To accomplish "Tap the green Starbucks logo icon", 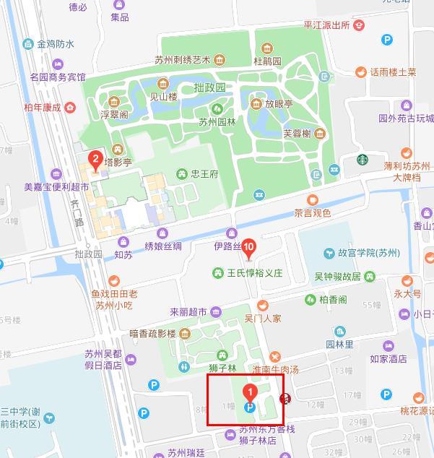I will click(363, 160).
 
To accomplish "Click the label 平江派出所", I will click(326, 25).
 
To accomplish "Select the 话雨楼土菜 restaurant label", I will click(393, 72).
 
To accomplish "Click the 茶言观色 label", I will click(312, 213).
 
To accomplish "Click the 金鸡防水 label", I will click(56, 44).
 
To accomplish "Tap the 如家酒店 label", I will click(388, 358).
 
